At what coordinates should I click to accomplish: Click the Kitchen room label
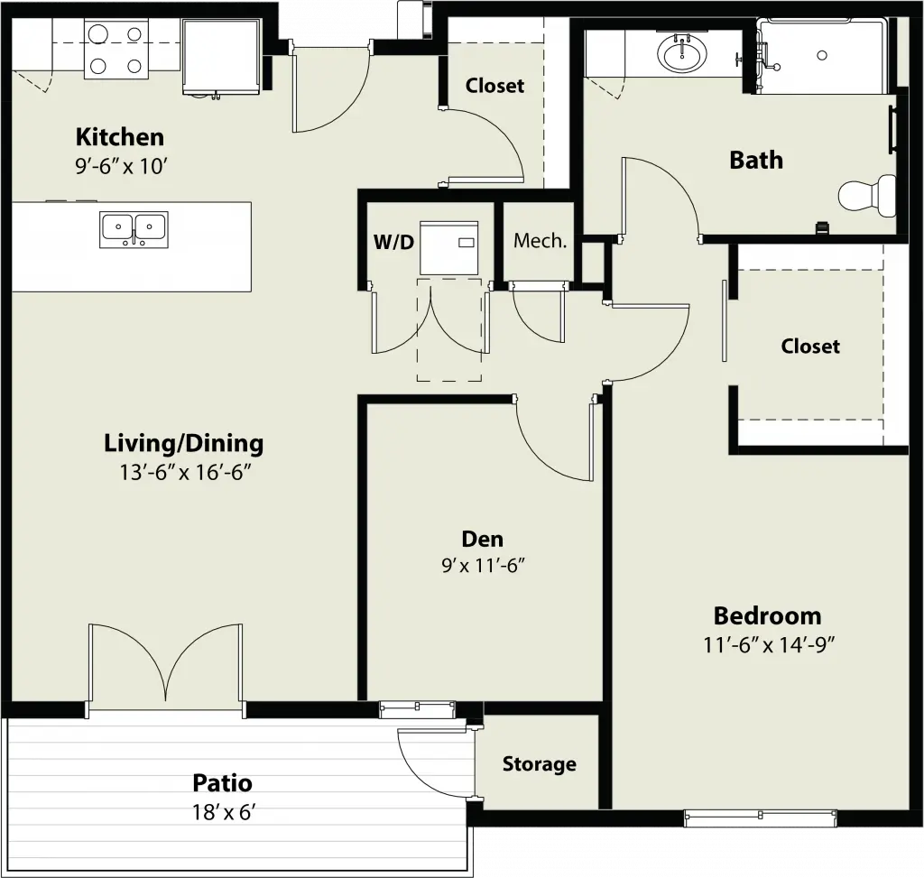(x=120, y=137)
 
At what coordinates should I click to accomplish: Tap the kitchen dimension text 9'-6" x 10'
(x=122, y=166)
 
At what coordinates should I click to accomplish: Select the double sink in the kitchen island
(x=134, y=229)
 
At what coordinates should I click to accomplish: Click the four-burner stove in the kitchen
(x=116, y=49)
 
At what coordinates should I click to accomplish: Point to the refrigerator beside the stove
(x=220, y=57)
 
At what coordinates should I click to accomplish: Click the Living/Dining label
(x=184, y=444)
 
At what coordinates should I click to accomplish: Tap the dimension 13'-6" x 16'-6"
(x=186, y=472)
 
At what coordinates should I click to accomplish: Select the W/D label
(x=393, y=242)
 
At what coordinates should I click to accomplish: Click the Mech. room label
(x=540, y=240)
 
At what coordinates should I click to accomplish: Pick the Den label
(x=482, y=539)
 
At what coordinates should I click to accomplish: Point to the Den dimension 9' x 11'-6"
(x=484, y=566)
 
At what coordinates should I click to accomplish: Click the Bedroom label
(x=767, y=615)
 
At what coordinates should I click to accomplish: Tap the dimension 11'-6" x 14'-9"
(x=769, y=644)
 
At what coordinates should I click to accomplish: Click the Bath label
(x=756, y=161)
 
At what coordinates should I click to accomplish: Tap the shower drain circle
(x=822, y=55)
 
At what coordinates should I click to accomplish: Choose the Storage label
(x=540, y=763)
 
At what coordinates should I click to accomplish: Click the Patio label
(x=222, y=783)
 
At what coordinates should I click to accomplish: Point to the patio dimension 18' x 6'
(x=224, y=813)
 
